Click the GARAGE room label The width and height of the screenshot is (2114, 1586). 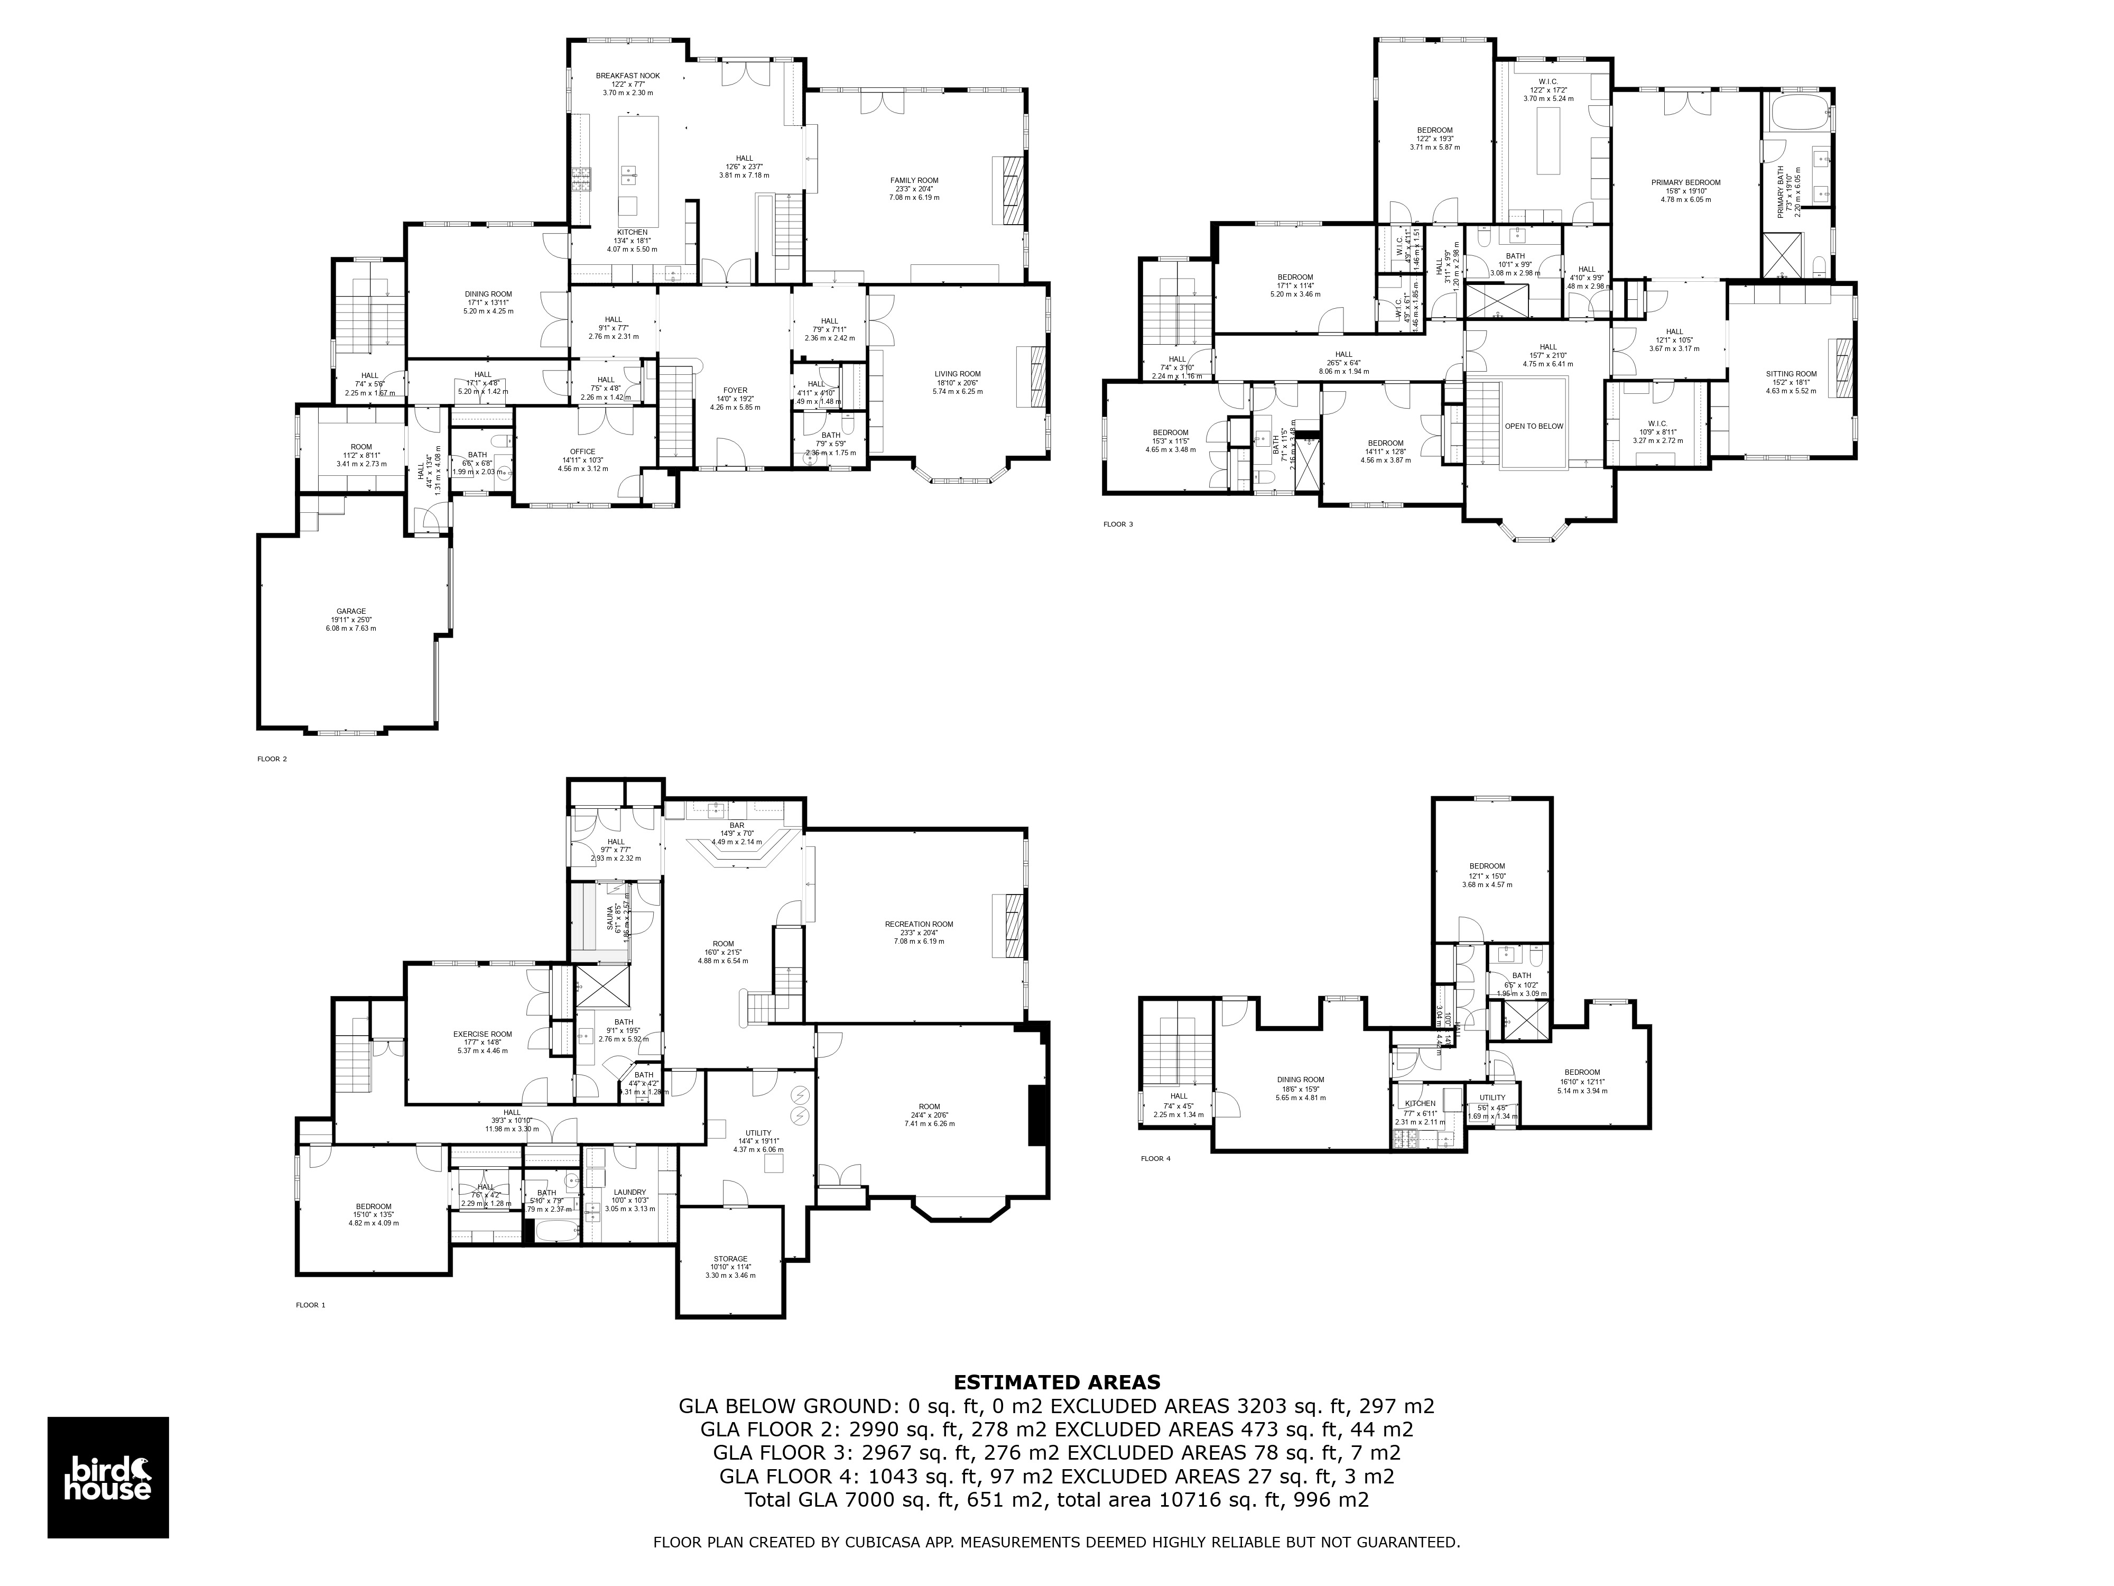click(351, 611)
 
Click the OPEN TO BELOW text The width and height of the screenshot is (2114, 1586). click(1533, 427)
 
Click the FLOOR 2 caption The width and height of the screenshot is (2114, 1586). click(272, 759)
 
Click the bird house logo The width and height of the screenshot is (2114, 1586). click(108, 1477)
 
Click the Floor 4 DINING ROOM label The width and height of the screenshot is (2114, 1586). click(1300, 1080)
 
